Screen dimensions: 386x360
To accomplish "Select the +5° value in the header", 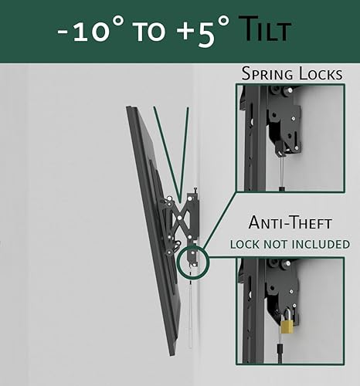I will pyautogui.click(x=189, y=32).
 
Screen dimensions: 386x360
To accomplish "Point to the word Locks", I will pyautogui.click(x=320, y=74).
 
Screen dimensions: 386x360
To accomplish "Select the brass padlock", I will pyautogui.click(x=287, y=324).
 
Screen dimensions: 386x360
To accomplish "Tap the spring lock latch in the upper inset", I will pyautogui.click(x=282, y=124).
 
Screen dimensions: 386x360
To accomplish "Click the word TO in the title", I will pyautogui.click(x=142, y=32).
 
